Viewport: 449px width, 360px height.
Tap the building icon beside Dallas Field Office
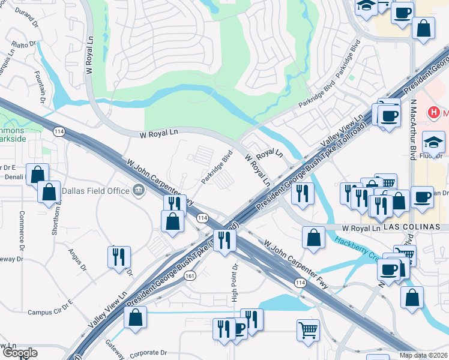(139, 191)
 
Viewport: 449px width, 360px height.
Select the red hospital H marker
(433, 112)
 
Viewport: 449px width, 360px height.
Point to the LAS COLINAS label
(412, 227)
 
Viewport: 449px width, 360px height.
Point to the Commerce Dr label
(21, 231)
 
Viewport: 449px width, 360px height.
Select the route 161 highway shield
(190, 275)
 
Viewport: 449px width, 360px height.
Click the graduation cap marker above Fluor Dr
(433, 143)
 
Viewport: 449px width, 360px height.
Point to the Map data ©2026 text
(423, 355)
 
